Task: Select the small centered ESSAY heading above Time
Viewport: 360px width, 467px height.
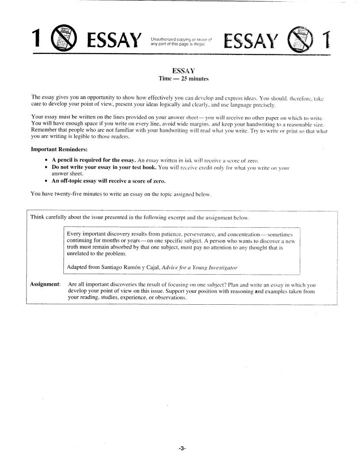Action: (x=180, y=71)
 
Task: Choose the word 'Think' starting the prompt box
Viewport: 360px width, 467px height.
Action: (x=37, y=217)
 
